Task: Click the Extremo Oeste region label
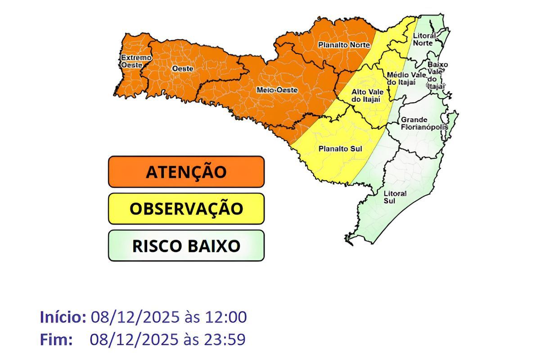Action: click(135, 61)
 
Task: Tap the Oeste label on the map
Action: click(183, 68)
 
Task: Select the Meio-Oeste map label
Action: click(277, 90)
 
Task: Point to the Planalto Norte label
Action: click(344, 45)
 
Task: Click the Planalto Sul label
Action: click(340, 148)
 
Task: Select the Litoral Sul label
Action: click(395, 197)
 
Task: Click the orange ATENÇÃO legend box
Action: click(186, 172)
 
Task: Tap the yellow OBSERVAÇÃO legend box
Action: click(186, 209)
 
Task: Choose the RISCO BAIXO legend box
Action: click(186, 246)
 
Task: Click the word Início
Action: click(63, 317)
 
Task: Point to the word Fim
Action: click(56, 339)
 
